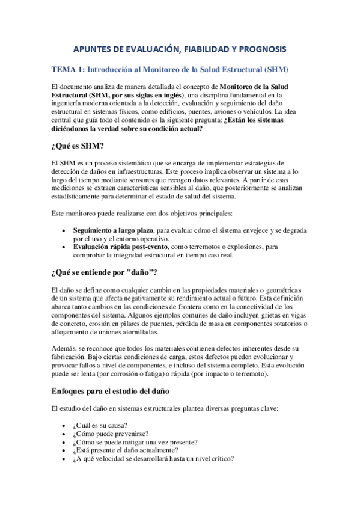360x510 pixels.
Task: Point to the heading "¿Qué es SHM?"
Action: click(78, 146)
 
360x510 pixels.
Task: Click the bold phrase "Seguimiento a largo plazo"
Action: click(113, 230)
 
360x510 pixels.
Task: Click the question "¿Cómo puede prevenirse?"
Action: click(112, 434)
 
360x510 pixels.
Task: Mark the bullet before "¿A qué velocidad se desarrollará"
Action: click(64, 457)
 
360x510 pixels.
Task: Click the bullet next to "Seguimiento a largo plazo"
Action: click(64, 230)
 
